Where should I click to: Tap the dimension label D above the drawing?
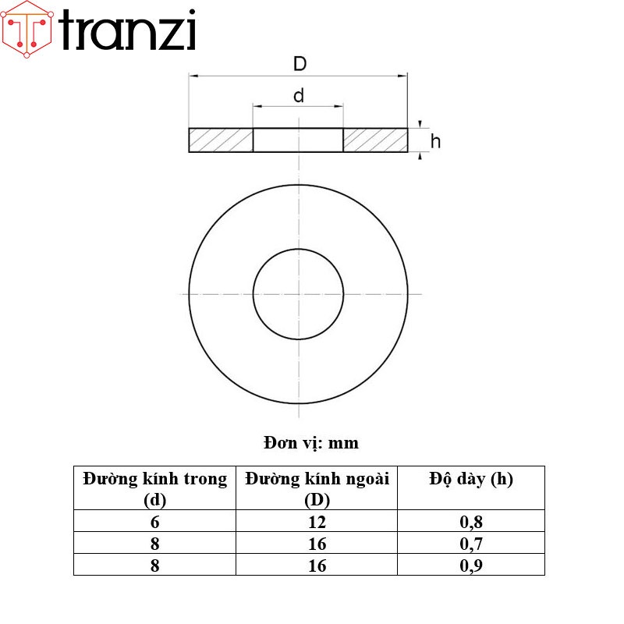pos(300,64)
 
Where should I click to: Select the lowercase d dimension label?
pos(298,96)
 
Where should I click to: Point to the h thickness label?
pos(435,141)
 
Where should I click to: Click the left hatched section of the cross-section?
pos(221,140)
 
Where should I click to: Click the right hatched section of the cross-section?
pos(375,140)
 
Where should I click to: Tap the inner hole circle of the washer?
pos(298,294)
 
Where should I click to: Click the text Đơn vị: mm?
pos(310,443)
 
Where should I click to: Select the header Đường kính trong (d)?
pos(155,488)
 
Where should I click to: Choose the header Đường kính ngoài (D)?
pos(317,488)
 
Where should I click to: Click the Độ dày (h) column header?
pos(471,479)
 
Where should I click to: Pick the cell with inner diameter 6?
pos(155,522)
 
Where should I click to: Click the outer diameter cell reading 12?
pos(317,522)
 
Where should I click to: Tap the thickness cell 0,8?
pos(471,522)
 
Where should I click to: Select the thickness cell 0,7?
pos(471,544)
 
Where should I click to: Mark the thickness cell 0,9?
pos(471,565)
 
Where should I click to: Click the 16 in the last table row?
pos(317,565)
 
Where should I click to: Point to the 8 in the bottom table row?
pos(155,565)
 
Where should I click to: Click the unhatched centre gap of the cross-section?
pos(298,140)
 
